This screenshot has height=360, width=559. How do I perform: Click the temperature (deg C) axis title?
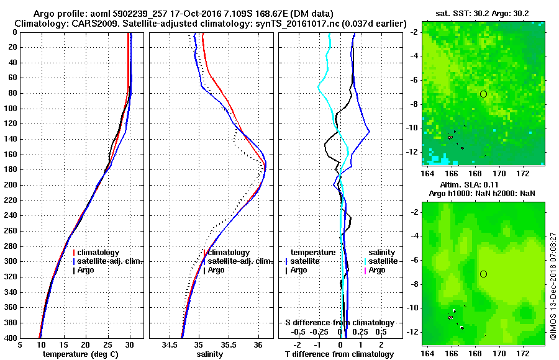[x=81, y=354]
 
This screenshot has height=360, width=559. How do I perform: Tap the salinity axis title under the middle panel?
[x=211, y=354]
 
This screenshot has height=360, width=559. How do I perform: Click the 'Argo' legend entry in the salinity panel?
[x=216, y=270]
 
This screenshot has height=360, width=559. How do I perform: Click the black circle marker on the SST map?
[x=483, y=94]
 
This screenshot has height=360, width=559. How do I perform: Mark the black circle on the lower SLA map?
[x=483, y=274]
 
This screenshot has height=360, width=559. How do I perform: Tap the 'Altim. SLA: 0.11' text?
[x=480, y=186]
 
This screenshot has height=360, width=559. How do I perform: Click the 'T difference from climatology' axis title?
[x=339, y=354]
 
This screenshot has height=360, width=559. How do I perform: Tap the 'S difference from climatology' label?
[x=339, y=323]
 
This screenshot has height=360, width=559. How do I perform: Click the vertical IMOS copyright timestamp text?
[x=553, y=286]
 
